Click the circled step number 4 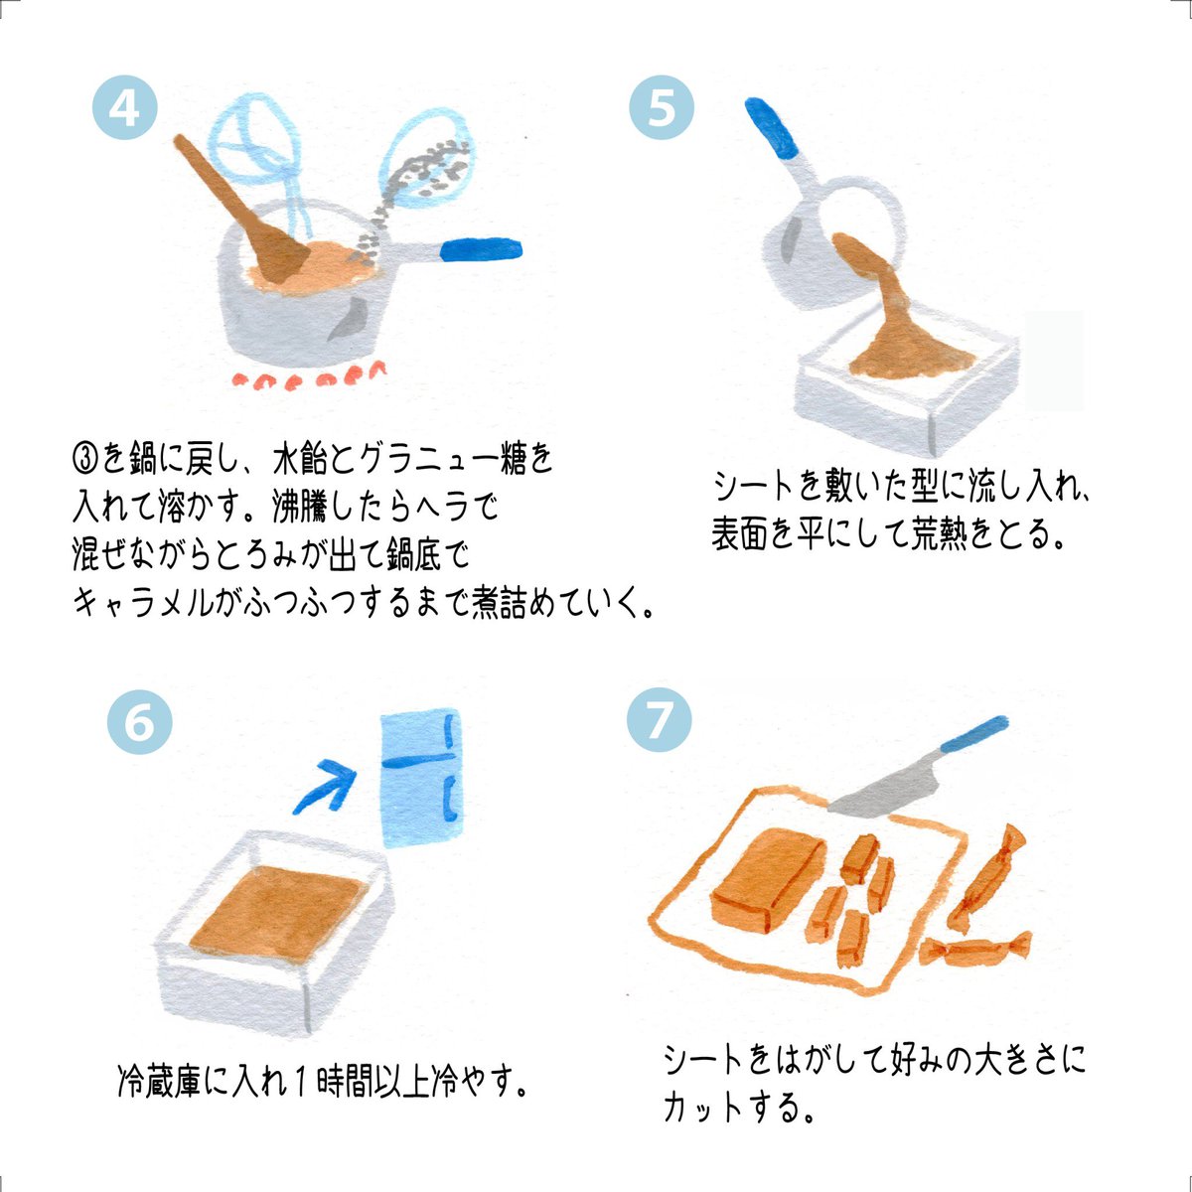tap(124, 107)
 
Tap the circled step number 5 tap(663, 107)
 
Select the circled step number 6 tap(139, 722)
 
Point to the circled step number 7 tap(659, 720)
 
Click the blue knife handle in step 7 tap(969, 736)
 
